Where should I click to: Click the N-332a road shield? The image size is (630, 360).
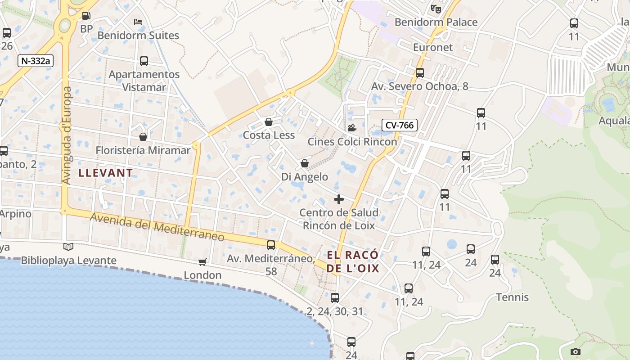[36, 61]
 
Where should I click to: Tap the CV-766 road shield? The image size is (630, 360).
[400, 125]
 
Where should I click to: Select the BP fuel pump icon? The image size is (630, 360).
[85, 16]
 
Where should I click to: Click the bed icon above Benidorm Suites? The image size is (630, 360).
[138, 22]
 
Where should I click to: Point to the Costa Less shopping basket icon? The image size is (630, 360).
[269, 122]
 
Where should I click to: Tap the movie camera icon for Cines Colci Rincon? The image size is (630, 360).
[352, 128]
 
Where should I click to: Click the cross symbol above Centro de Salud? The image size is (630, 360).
[339, 199]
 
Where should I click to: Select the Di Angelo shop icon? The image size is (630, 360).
[305, 163]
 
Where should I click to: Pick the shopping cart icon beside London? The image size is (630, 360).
[202, 262]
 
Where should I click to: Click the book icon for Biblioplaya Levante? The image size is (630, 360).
[68, 247]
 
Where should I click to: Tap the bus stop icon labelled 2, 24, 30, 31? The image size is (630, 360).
[334, 297]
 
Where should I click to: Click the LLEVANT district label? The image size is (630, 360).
[106, 173]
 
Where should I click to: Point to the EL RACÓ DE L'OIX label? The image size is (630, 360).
[353, 262]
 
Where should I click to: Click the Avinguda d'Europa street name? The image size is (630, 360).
[67, 135]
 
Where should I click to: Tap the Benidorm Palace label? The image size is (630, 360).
[436, 22]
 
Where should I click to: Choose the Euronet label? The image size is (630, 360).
[433, 47]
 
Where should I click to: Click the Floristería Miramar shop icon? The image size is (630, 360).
[143, 137]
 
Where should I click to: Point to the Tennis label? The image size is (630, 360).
[512, 297]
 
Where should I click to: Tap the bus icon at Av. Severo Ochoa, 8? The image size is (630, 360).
[420, 72]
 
